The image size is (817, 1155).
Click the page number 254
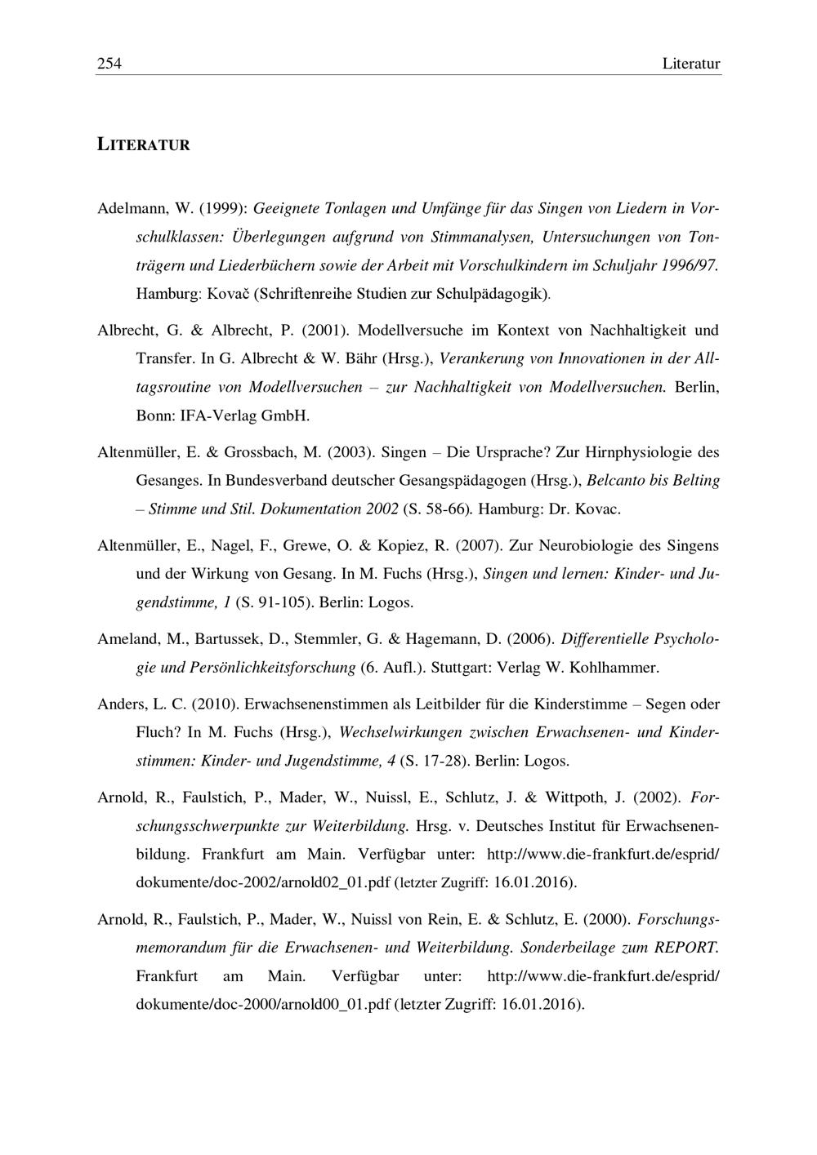click(109, 64)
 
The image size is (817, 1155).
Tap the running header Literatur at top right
click(691, 64)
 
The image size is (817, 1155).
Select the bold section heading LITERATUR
click(144, 145)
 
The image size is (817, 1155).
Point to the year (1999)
click(220, 208)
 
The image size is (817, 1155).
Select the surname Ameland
click(126, 638)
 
